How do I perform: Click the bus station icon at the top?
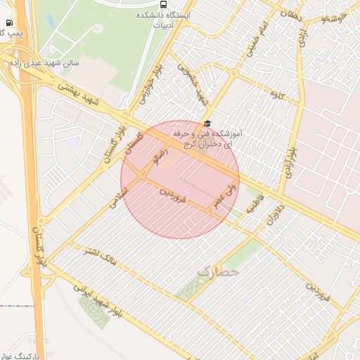(x=164, y=4)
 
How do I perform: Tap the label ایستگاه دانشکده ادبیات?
(x=164, y=19)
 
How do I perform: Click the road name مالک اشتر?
(x=100, y=257)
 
